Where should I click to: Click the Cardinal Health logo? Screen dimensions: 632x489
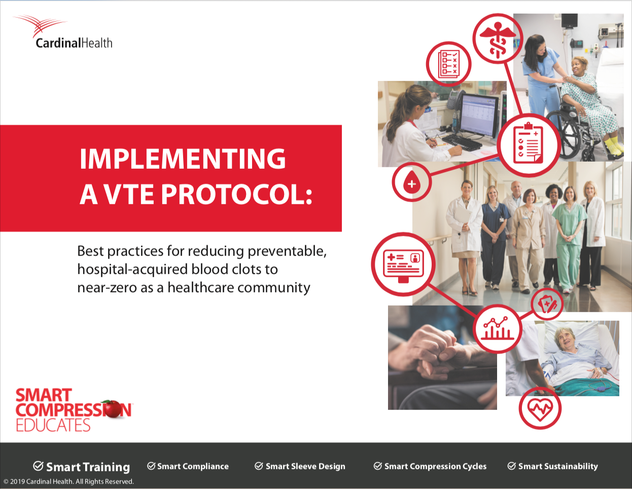click(x=63, y=32)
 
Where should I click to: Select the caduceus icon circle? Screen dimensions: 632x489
click(x=498, y=39)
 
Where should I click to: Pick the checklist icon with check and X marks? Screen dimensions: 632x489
click(x=448, y=64)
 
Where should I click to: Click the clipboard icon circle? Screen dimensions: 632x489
click(x=529, y=145)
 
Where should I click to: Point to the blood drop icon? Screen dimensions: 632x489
click(x=411, y=182)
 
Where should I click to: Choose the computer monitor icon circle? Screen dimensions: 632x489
click(x=403, y=264)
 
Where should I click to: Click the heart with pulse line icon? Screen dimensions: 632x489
click(x=540, y=408)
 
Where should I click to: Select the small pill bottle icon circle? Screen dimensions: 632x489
click(x=547, y=304)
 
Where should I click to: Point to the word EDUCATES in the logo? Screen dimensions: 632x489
click(x=53, y=425)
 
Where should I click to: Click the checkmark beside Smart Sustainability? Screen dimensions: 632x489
click(x=512, y=466)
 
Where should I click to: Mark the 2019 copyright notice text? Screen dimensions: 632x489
click(x=68, y=481)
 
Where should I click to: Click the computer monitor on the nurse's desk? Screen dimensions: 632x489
click(x=478, y=116)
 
